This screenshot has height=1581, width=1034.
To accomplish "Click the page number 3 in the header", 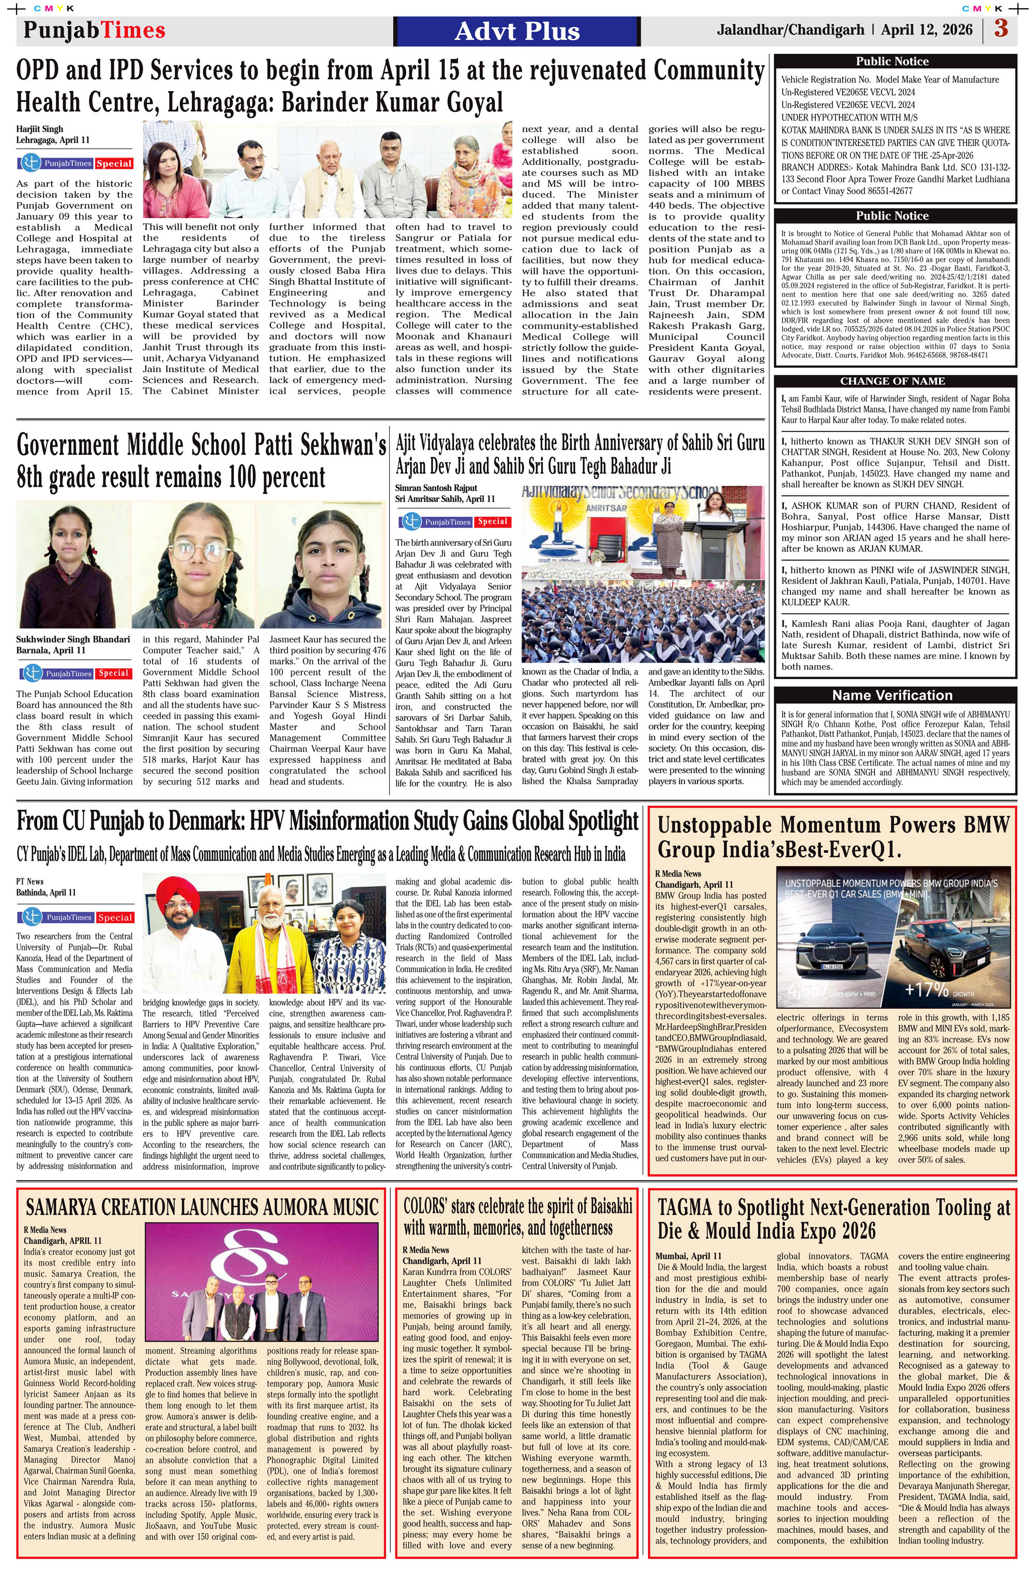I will click(x=1001, y=30).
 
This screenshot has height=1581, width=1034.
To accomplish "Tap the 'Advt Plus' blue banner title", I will click(x=517, y=31).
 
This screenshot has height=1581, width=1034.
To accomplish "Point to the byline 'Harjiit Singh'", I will click(x=40, y=129).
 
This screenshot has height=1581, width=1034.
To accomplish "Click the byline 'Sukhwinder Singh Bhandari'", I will click(x=73, y=639).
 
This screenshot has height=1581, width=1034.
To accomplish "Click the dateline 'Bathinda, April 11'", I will click(x=46, y=892).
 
